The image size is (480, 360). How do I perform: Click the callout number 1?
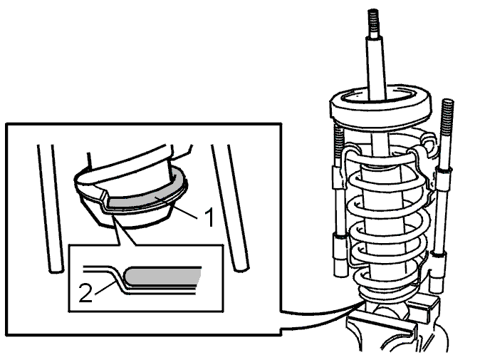tap(209, 217)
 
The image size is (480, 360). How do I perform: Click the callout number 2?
tap(85, 292)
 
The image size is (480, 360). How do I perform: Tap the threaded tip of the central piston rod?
tap(373, 22)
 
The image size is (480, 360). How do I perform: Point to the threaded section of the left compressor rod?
tap(338, 145)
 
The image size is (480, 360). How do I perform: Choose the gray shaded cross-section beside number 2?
tap(162, 276)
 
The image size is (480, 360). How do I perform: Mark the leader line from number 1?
tap(177, 209)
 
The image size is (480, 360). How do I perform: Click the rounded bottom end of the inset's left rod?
tap(56, 269)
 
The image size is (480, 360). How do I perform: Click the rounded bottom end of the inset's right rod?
tap(241, 268)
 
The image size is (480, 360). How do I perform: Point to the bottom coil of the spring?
tap(389, 294)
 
